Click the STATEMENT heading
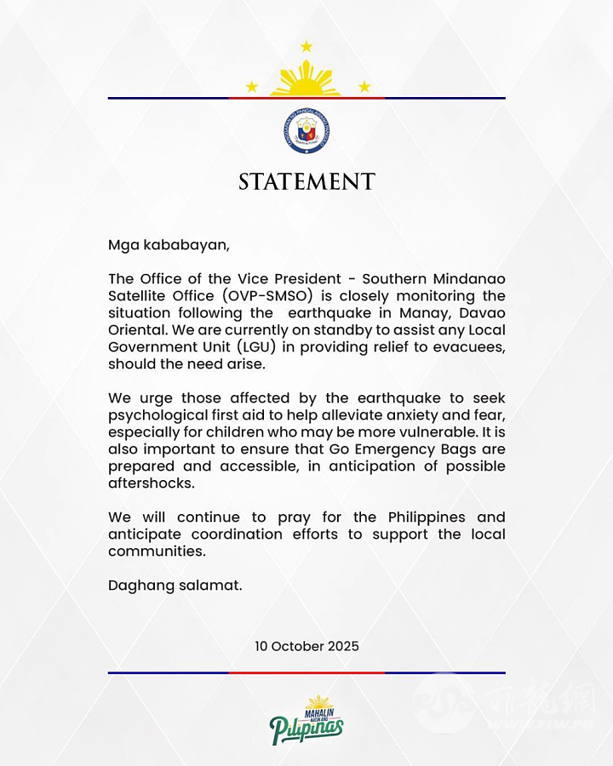tap(306, 182)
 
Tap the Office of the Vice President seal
tap(306, 131)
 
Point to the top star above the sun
tap(306, 46)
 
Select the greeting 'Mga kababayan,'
tap(169, 245)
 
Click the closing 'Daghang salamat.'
tap(175, 586)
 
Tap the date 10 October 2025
tap(306, 646)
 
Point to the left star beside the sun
tap(251, 87)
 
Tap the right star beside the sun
tap(364, 87)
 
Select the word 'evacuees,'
tap(466, 347)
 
